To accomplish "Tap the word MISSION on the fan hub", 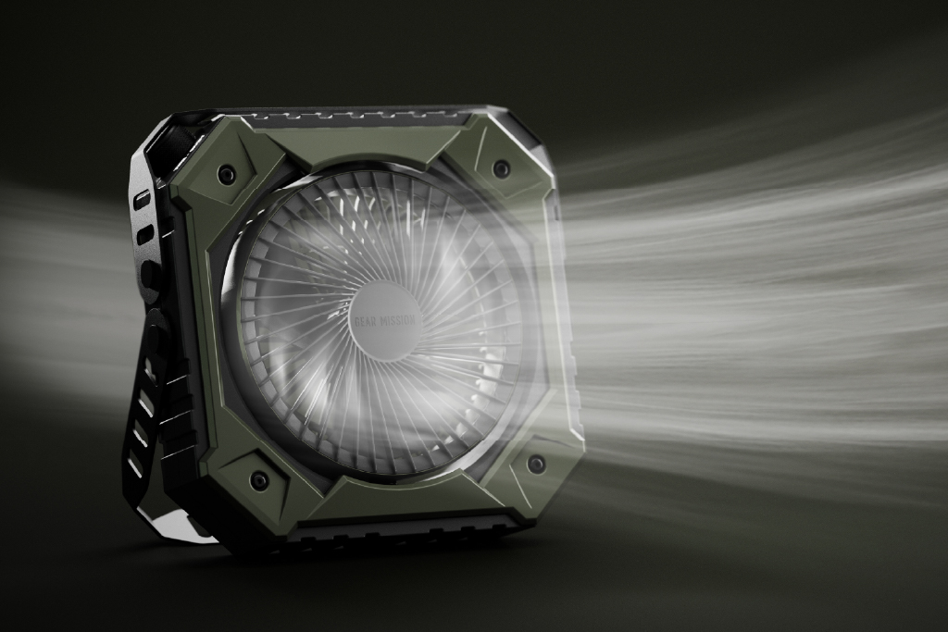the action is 396,320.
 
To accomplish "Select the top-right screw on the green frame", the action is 501,167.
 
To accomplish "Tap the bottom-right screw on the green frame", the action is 535,464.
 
